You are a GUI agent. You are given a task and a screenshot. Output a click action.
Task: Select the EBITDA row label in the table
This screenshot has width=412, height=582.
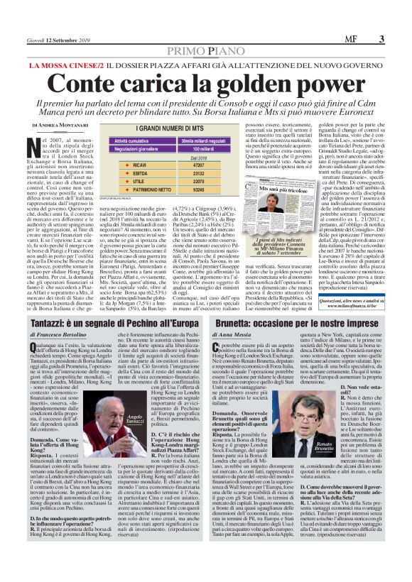pyautogui.click(x=116, y=172)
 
